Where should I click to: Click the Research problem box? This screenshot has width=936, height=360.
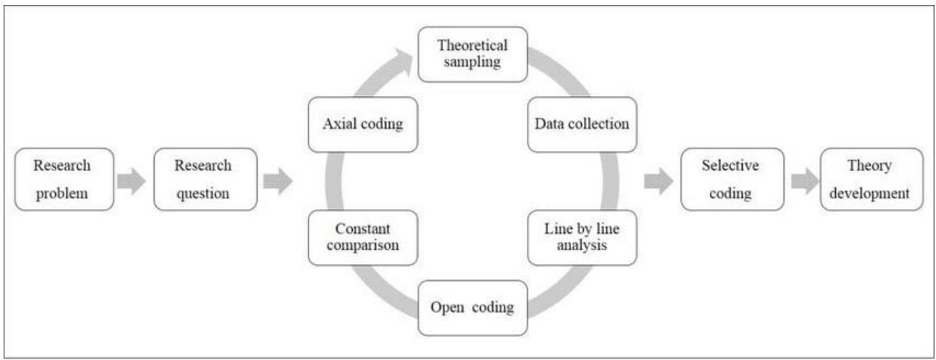(64, 179)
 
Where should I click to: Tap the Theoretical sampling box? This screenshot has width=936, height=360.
(472, 54)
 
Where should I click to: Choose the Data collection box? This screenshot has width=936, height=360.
(582, 124)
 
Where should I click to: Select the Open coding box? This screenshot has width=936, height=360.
(472, 308)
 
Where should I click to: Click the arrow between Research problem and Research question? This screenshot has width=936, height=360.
(131, 182)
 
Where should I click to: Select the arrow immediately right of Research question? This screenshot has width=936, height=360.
(278, 182)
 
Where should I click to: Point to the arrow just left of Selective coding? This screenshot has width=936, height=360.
(658, 182)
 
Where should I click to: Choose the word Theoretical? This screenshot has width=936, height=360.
(472, 46)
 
